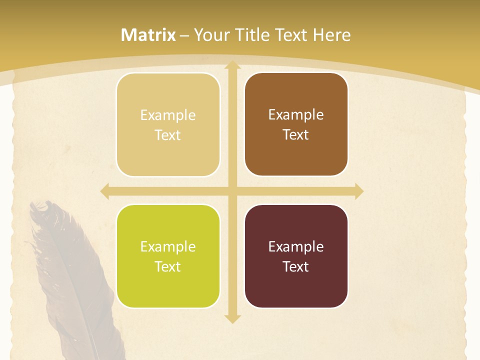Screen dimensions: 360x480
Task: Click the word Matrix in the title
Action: tap(148, 35)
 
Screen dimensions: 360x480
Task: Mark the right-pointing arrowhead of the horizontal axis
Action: tap(358, 191)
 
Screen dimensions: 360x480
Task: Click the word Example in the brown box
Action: tap(296, 114)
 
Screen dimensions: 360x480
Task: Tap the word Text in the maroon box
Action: tap(296, 266)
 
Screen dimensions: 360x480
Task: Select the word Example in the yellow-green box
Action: tap(168, 246)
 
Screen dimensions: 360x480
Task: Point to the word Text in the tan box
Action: tap(168, 135)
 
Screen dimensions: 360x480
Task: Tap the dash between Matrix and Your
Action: tap(184, 35)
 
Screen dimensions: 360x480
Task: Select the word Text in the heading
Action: tap(291, 35)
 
